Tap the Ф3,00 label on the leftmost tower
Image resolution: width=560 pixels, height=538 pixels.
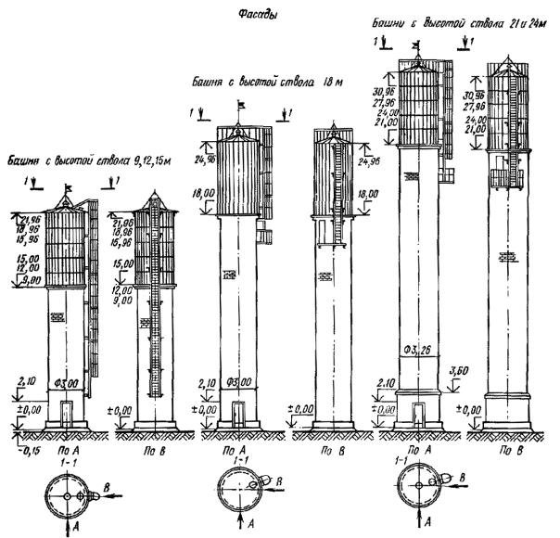(x=70, y=382)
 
